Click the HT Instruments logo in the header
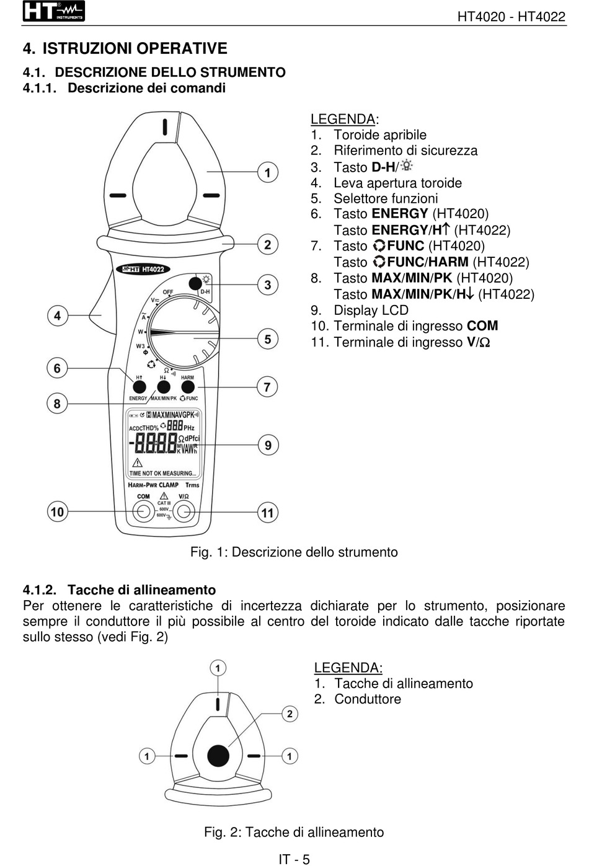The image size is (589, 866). (x=53, y=11)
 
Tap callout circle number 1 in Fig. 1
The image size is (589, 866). (x=268, y=172)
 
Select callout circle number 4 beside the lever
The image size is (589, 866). (x=57, y=316)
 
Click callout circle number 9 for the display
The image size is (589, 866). (x=268, y=444)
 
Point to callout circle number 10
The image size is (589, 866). (x=57, y=511)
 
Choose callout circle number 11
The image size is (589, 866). (x=268, y=512)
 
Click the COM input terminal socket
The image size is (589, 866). (x=144, y=511)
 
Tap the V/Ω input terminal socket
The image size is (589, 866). (x=184, y=511)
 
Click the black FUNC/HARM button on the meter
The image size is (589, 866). (x=188, y=387)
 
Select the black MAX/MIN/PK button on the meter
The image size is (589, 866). (x=163, y=387)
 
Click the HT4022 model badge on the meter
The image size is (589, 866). (x=143, y=269)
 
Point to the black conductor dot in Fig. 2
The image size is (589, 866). (x=218, y=755)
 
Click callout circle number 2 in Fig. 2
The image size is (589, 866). (x=290, y=714)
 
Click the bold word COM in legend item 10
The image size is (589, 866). (x=482, y=326)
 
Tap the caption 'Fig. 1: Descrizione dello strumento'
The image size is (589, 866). (x=294, y=552)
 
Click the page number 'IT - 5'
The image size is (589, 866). (x=294, y=859)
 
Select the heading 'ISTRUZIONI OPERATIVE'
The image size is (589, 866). (x=135, y=48)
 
